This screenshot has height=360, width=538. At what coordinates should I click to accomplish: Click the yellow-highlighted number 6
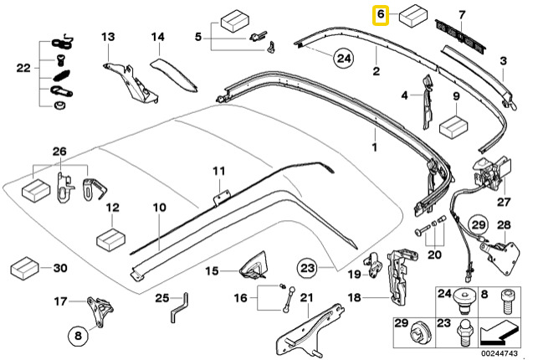pyautogui.click(x=381, y=15)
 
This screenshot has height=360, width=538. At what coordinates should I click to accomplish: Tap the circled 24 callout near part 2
pyautogui.click(x=344, y=59)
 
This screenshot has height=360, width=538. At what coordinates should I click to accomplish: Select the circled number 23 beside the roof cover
pyautogui.click(x=307, y=267)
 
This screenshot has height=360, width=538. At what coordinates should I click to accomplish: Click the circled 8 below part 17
pyautogui.click(x=78, y=335)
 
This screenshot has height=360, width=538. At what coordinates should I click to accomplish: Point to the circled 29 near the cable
pyautogui.click(x=479, y=225)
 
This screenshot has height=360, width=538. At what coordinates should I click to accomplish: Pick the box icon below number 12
pyautogui.click(x=110, y=239)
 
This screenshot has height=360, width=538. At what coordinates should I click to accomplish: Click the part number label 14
pyautogui.click(x=158, y=36)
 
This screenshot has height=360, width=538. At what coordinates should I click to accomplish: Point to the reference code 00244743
pyautogui.click(x=499, y=353)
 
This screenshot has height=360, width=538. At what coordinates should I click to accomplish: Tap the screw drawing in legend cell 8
pyautogui.click(x=507, y=302)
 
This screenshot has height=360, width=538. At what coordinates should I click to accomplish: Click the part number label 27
pyautogui.click(x=504, y=202)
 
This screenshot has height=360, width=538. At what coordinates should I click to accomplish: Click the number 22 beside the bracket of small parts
pyautogui.click(x=23, y=69)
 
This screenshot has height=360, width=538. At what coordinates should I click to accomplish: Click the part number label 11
pyautogui.click(x=219, y=171)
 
